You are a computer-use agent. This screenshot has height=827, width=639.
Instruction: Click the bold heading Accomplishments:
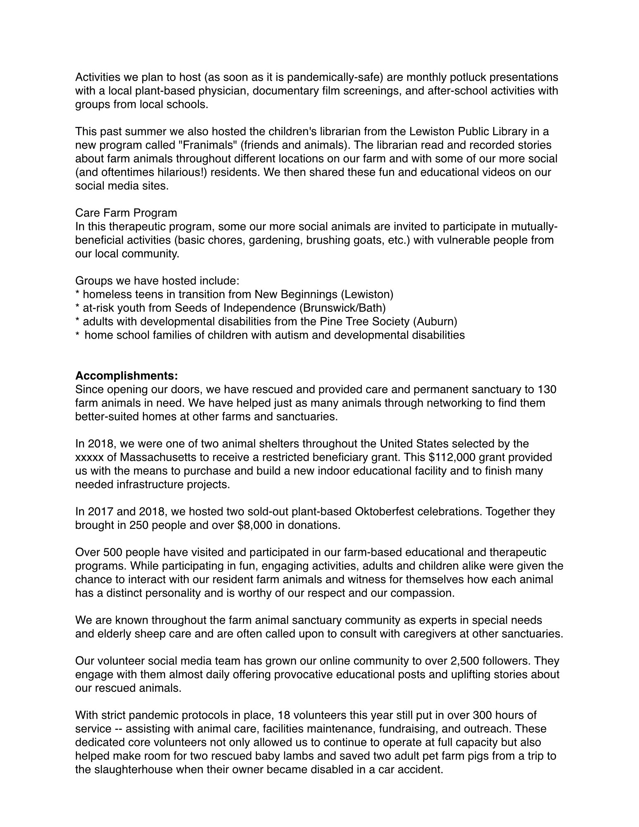[x=127, y=376]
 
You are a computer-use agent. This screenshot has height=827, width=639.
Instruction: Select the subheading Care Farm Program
[x=126, y=213]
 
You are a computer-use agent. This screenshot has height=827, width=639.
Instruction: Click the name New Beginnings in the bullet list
[x=296, y=294]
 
